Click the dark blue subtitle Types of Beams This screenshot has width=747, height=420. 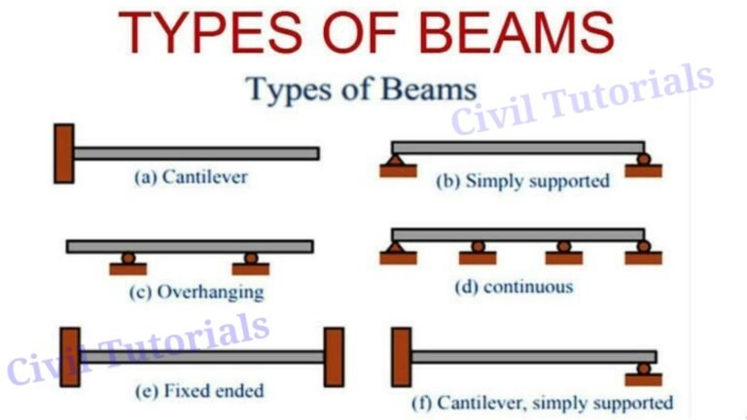click(x=361, y=89)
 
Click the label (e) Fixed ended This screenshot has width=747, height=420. click(x=199, y=391)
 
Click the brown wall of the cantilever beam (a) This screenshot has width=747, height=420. click(x=64, y=153)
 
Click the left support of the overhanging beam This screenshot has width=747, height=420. click(x=127, y=263)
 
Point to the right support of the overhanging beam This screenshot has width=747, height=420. click(x=251, y=263)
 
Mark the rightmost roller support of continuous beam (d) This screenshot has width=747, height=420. click(x=643, y=253)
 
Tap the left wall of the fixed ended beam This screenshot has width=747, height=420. click(x=69, y=357)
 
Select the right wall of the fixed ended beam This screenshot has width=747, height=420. click(x=334, y=357)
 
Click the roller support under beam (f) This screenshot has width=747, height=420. click(x=643, y=373)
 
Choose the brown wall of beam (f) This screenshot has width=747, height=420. click(x=400, y=357)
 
